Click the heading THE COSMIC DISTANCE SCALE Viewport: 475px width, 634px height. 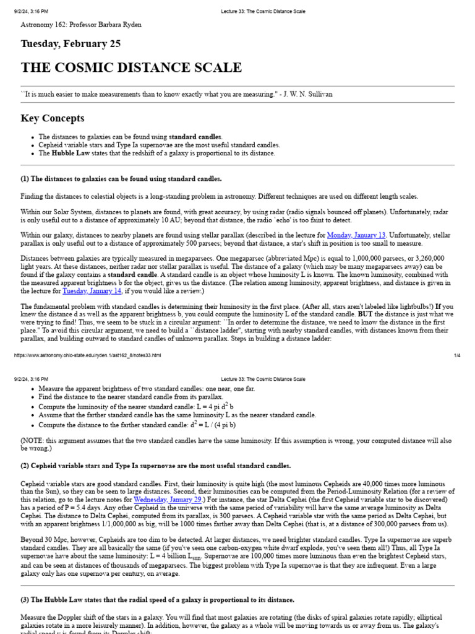(x=131, y=67)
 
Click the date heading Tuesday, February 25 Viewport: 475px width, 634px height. (x=71, y=44)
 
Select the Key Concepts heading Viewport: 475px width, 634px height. (x=53, y=118)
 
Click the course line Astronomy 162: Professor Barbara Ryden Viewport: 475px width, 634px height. (x=81, y=25)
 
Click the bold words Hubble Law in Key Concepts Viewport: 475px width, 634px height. (x=72, y=153)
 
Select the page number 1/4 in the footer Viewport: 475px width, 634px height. (x=458, y=355)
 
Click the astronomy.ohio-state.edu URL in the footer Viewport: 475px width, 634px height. (x=87, y=355)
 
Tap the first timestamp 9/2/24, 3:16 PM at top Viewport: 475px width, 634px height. (x=31, y=11)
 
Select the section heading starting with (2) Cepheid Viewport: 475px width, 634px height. (x=155, y=466)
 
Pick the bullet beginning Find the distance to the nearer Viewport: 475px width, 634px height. (x=130, y=397)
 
